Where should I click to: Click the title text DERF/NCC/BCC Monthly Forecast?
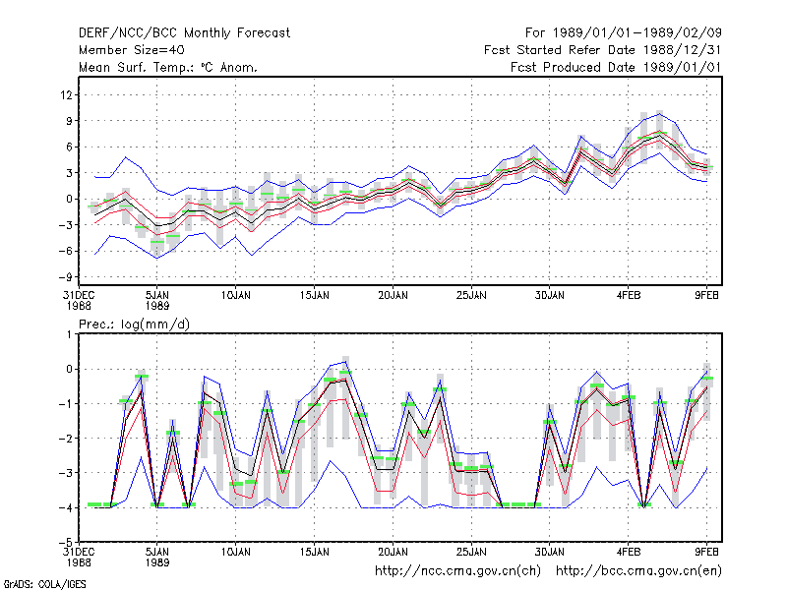[184, 33]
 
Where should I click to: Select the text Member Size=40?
[132, 50]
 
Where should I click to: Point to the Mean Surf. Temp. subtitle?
[168, 67]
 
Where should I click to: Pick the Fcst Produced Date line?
[616, 67]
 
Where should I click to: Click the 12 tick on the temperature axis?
[66, 94]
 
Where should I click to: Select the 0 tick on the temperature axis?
[69, 200]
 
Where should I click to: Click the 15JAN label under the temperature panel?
[314, 295]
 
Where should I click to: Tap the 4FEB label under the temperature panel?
[629, 295]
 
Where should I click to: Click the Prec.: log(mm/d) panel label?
[134, 324]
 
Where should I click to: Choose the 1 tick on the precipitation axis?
[69, 334]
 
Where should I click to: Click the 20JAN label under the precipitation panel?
[393, 552]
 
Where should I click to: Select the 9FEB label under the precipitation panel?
[706, 552]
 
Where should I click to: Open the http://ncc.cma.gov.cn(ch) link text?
[457, 571]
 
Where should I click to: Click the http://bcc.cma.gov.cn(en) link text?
[638, 571]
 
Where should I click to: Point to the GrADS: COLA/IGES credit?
[44, 584]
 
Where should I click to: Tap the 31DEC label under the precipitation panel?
[79, 552]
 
